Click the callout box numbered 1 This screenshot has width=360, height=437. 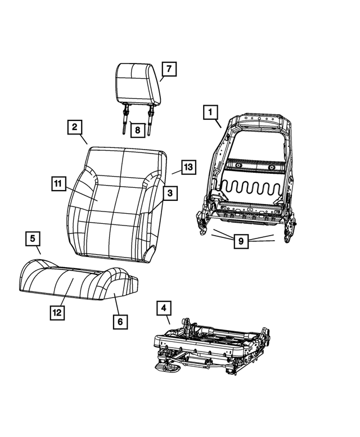tap(210, 112)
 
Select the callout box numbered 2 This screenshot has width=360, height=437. tap(75, 127)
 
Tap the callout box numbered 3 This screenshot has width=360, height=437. tap(170, 193)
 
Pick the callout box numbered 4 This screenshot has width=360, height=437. tap(164, 308)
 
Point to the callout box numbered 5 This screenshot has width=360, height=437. tap(33, 238)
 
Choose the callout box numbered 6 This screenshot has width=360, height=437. tap(120, 322)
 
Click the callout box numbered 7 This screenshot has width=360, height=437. tap(169, 69)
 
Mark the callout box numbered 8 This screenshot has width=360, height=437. tap(138, 130)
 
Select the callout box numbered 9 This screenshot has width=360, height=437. tap(241, 241)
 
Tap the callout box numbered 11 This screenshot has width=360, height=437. tap(59, 184)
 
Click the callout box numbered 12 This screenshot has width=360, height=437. tap(57, 313)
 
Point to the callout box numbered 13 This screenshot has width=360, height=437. tap(188, 167)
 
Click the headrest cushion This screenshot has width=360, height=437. tap(138, 84)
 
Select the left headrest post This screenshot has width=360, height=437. tap(124, 118)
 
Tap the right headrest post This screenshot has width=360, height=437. tap(151, 119)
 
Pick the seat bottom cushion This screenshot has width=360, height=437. tap(79, 280)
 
